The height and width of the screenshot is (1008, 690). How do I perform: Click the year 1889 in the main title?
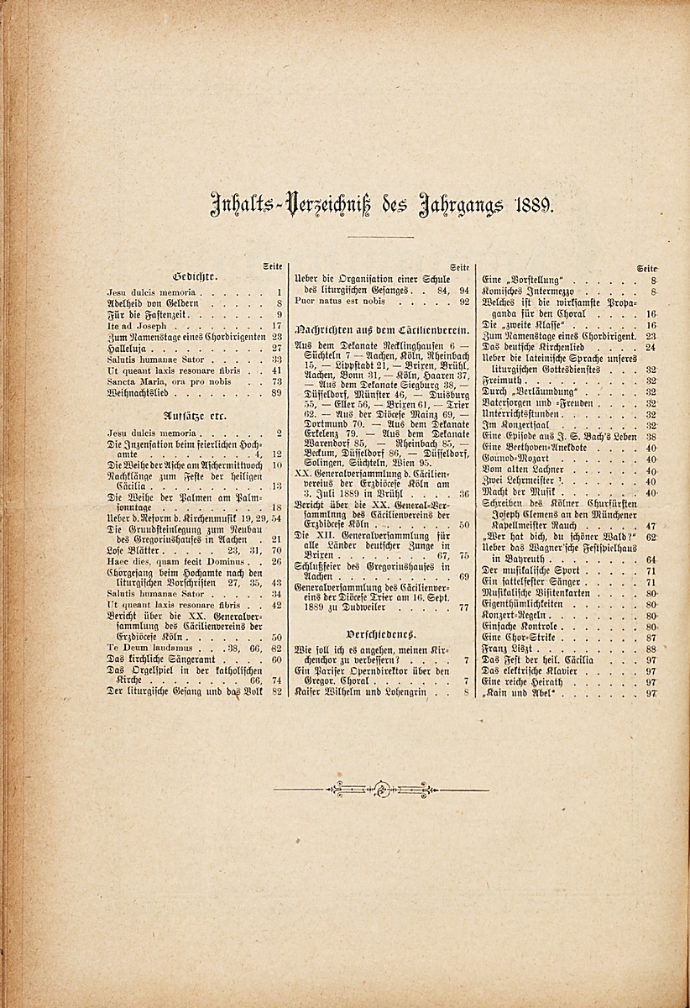click(531, 203)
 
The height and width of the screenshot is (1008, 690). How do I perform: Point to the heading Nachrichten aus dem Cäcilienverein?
click(381, 331)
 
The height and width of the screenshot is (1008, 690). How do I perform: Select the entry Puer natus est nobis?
click(341, 301)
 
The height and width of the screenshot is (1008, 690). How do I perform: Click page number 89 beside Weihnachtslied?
click(277, 392)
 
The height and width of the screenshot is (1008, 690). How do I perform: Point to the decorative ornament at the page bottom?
click(381, 789)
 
